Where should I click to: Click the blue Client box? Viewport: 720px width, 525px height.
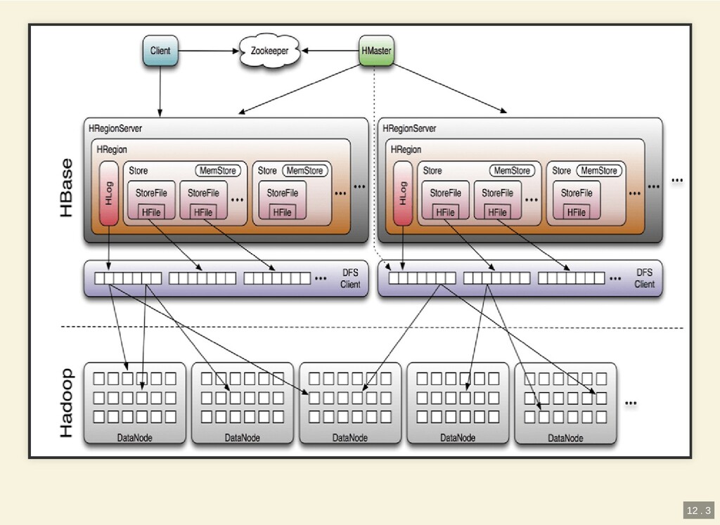click(x=160, y=51)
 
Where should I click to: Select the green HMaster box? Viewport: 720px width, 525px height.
click(x=376, y=51)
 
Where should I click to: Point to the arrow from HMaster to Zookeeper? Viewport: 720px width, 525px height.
click(x=330, y=51)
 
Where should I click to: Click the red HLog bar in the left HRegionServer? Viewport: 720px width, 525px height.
click(x=108, y=193)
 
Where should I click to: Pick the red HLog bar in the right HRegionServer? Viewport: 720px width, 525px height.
click(x=402, y=193)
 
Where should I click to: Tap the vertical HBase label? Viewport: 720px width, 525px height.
click(x=66, y=188)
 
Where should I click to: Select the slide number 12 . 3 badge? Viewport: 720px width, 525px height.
click(x=697, y=510)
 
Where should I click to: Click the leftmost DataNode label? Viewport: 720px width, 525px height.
click(x=134, y=438)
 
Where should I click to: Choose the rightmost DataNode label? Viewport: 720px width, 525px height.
click(x=565, y=438)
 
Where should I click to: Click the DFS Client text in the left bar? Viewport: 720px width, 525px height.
click(x=350, y=278)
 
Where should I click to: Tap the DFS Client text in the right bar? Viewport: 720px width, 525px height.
click(x=644, y=278)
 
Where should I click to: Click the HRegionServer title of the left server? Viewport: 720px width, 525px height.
click(x=115, y=129)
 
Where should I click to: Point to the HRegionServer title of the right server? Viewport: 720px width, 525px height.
click(x=409, y=129)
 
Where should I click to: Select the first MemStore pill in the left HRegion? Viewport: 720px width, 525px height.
click(x=217, y=171)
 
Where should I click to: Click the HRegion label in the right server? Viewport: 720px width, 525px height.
click(x=406, y=150)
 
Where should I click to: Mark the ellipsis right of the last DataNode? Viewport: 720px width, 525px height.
click(x=631, y=403)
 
